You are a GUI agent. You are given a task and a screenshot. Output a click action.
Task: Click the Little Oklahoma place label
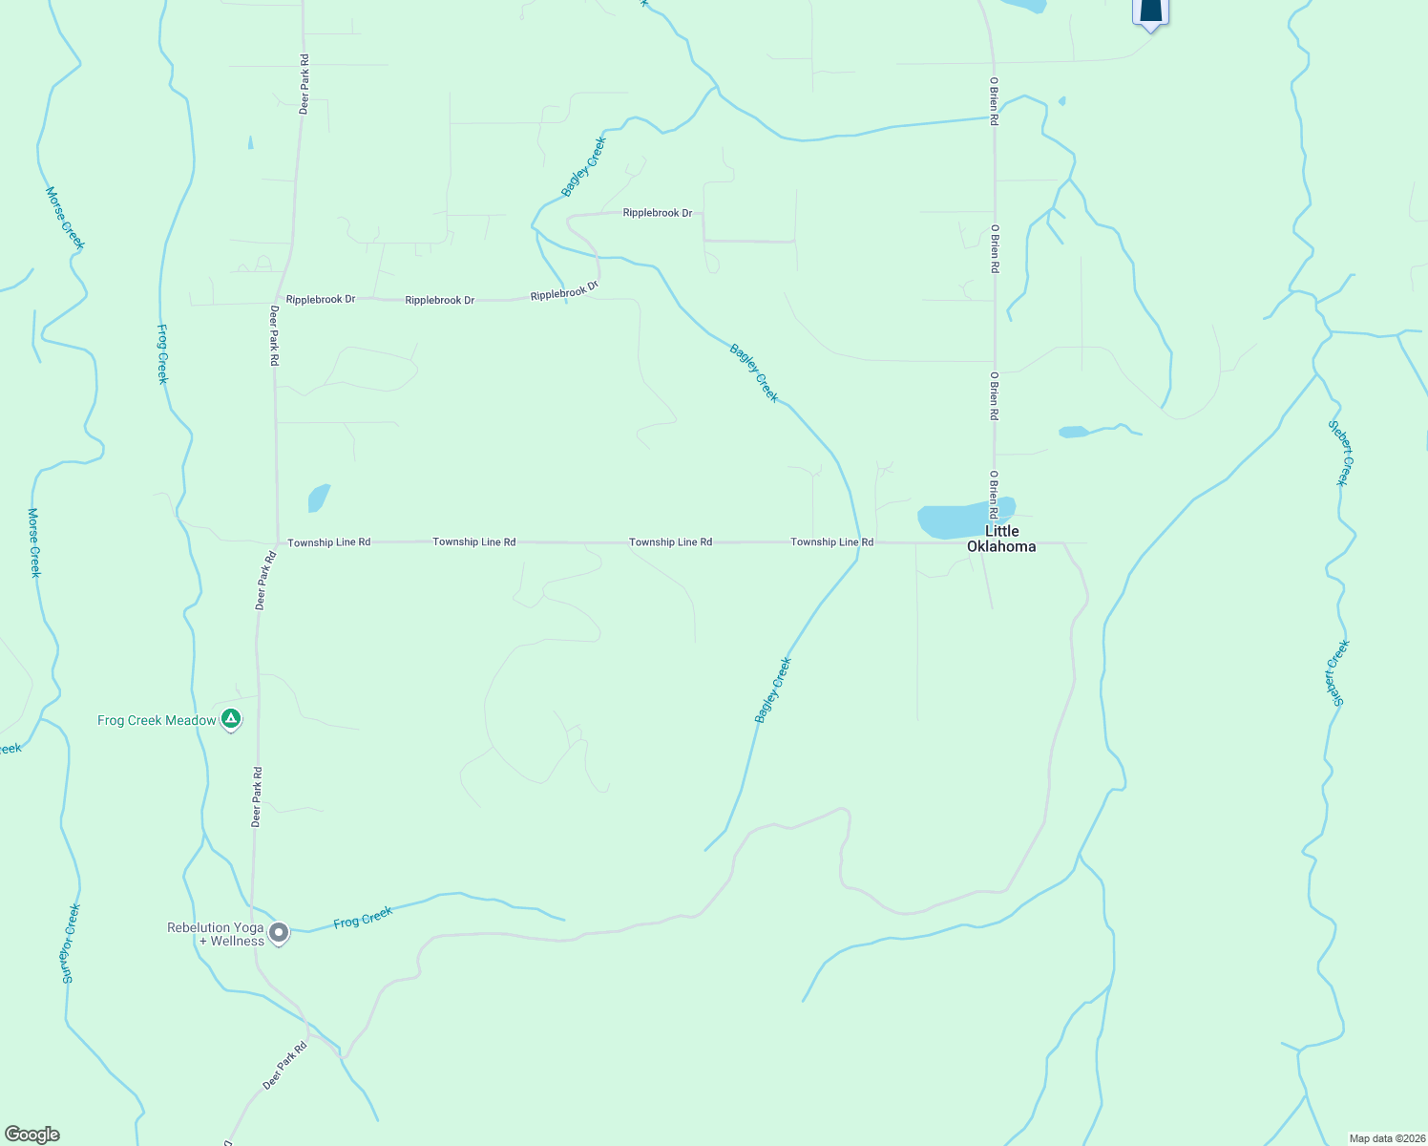(1001, 539)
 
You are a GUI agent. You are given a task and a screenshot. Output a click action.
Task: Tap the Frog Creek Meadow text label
(157, 720)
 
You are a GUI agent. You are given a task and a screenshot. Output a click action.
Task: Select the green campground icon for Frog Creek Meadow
(230, 719)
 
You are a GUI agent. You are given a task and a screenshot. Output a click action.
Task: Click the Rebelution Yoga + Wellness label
(216, 934)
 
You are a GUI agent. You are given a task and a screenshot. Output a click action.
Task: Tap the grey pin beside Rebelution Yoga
(279, 932)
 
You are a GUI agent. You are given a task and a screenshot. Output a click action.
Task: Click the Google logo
(31, 1135)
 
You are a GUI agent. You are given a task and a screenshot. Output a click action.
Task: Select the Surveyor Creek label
(70, 944)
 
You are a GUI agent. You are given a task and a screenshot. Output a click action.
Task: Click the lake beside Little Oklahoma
(955, 520)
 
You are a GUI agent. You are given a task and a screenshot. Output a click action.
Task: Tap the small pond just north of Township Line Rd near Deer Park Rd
(318, 498)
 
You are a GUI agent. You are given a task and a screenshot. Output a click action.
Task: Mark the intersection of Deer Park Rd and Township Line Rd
(277, 542)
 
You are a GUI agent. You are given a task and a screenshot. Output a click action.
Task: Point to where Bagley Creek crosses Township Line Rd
(859, 542)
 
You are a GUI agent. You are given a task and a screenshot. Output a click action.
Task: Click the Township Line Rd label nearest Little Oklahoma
(831, 542)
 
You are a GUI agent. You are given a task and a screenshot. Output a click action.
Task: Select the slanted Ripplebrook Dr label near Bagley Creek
(564, 290)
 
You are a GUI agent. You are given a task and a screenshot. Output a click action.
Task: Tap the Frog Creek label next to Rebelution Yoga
(363, 918)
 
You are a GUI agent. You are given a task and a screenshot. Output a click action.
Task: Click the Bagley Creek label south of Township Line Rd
(773, 690)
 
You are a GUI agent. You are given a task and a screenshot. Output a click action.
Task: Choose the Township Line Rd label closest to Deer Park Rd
(328, 542)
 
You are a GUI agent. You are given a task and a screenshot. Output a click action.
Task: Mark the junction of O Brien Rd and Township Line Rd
(995, 543)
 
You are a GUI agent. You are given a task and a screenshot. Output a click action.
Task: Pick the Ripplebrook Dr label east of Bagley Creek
(657, 213)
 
